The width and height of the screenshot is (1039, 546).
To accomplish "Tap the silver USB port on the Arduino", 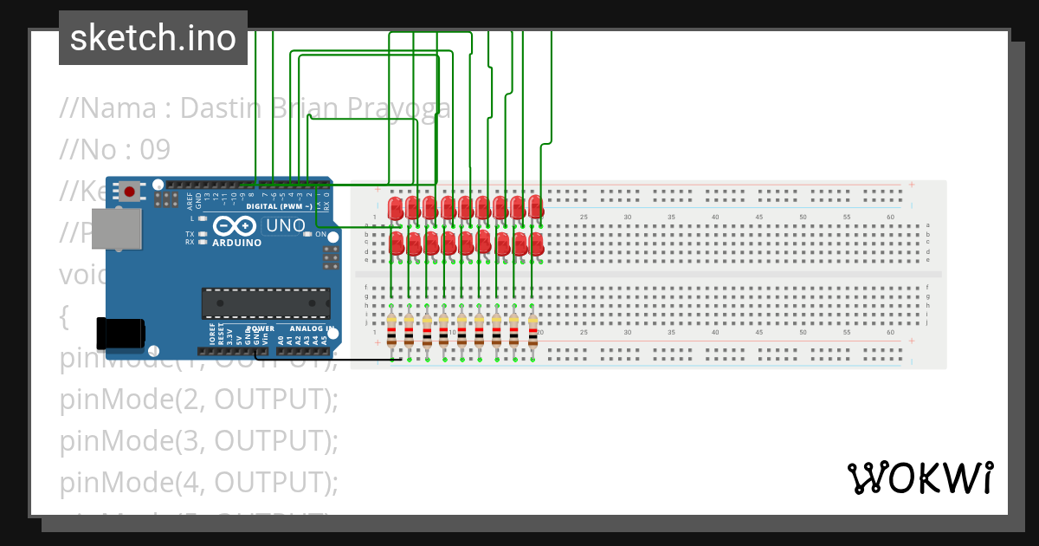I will click(116, 230).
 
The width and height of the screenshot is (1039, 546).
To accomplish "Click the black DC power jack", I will click(119, 334).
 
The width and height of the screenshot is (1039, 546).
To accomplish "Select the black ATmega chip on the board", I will click(265, 303).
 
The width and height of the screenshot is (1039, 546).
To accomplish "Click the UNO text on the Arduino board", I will click(285, 226).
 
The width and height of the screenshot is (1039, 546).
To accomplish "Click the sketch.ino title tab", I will click(153, 38).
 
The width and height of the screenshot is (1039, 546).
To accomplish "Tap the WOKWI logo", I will click(920, 478).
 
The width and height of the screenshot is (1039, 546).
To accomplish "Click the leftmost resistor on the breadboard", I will click(391, 330).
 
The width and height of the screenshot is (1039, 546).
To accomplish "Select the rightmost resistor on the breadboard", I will click(532, 330).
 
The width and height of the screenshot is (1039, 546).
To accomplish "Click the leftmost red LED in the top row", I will click(395, 208).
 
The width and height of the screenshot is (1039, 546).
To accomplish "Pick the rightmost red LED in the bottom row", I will click(537, 243).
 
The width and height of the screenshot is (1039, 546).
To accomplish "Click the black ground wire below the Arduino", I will click(329, 359).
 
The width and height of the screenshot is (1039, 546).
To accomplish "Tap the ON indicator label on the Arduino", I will click(320, 235).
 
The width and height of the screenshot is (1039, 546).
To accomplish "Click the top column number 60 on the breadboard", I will click(890, 217).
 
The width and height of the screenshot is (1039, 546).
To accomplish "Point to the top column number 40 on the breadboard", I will click(715, 217).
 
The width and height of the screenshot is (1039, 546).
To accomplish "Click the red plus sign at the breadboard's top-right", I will click(911, 184).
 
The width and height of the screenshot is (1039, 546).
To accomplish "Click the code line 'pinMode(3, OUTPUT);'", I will click(199, 440).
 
